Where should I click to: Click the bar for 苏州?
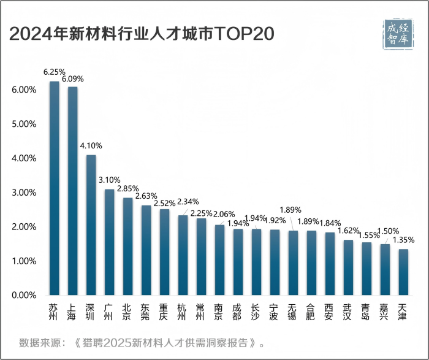tap(54, 188)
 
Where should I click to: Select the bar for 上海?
tap(72, 191)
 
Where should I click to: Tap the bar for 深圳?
tap(91, 224)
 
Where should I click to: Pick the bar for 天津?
tap(403, 272)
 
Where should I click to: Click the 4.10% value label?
tap(91, 146)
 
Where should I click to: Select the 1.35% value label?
tap(403, 240)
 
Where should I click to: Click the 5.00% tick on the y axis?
tap(24, 124)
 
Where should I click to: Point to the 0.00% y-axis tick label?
tap(24, 295)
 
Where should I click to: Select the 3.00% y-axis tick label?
tap(24, 193)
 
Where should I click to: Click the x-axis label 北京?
tap(127, 312)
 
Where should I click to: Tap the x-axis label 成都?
tap(237, 312)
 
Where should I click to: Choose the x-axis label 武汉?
tap(347, 312)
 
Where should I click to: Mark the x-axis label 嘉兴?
tap(384, 312)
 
